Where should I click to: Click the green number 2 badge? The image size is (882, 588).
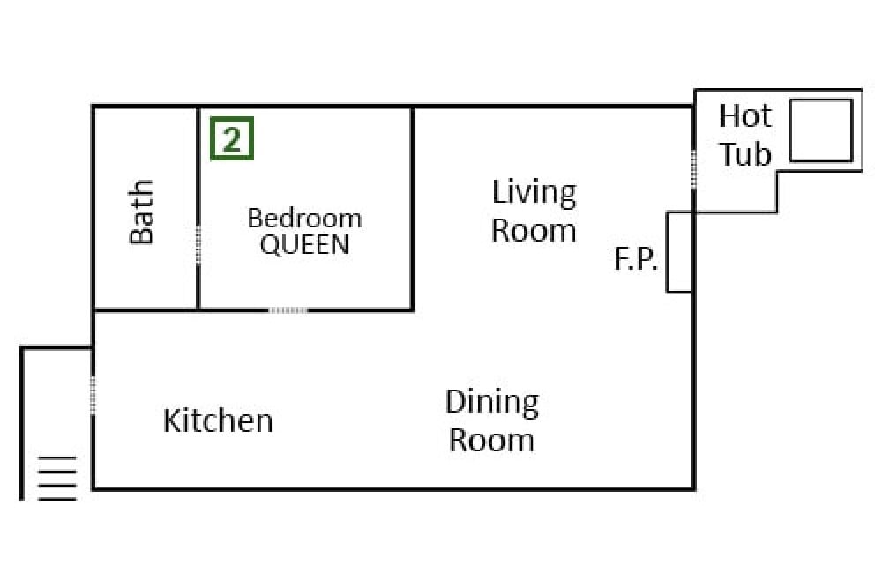point(232,138)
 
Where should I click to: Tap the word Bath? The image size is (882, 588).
point(142,212)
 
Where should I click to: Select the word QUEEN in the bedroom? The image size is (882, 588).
point(304,244)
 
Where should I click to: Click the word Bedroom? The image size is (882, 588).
point(304,218)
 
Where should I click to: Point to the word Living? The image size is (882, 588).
point(534,193)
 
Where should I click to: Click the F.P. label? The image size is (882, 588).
point(636,259)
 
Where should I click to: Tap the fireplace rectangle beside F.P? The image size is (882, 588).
point(679,252)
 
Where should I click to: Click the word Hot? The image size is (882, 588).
point(745,115)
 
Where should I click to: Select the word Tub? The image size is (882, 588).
point(745,154)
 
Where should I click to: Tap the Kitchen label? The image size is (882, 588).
point(218,421)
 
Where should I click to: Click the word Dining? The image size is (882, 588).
point(492,403)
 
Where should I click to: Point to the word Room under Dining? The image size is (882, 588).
point(491,440)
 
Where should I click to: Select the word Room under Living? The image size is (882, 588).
point(534,230)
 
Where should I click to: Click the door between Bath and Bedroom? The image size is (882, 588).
point(198,245)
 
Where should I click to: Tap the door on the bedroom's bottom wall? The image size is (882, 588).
point(288,309)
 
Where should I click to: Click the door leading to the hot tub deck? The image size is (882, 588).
point(694,170)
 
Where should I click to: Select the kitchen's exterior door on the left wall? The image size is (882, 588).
point(93,396)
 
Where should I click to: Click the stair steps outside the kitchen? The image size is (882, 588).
point(56,479)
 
